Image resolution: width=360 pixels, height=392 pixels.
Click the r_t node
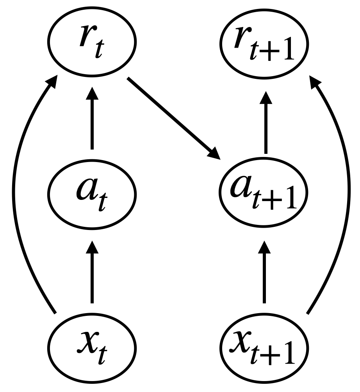[x=92, y=41]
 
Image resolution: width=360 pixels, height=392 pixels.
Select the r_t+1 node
[x=264, y=41]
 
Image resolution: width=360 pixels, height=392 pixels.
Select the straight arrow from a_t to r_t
[x=92, y=121]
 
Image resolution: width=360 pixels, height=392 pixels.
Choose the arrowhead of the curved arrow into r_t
[x=51, y=83]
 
